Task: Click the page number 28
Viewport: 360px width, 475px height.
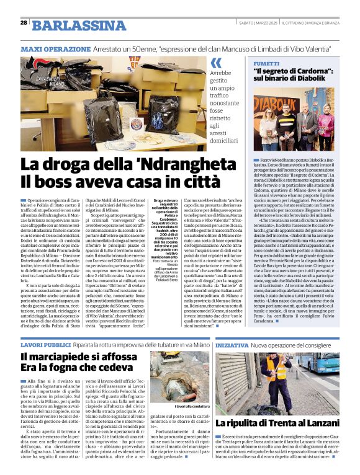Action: coord(24,23)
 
